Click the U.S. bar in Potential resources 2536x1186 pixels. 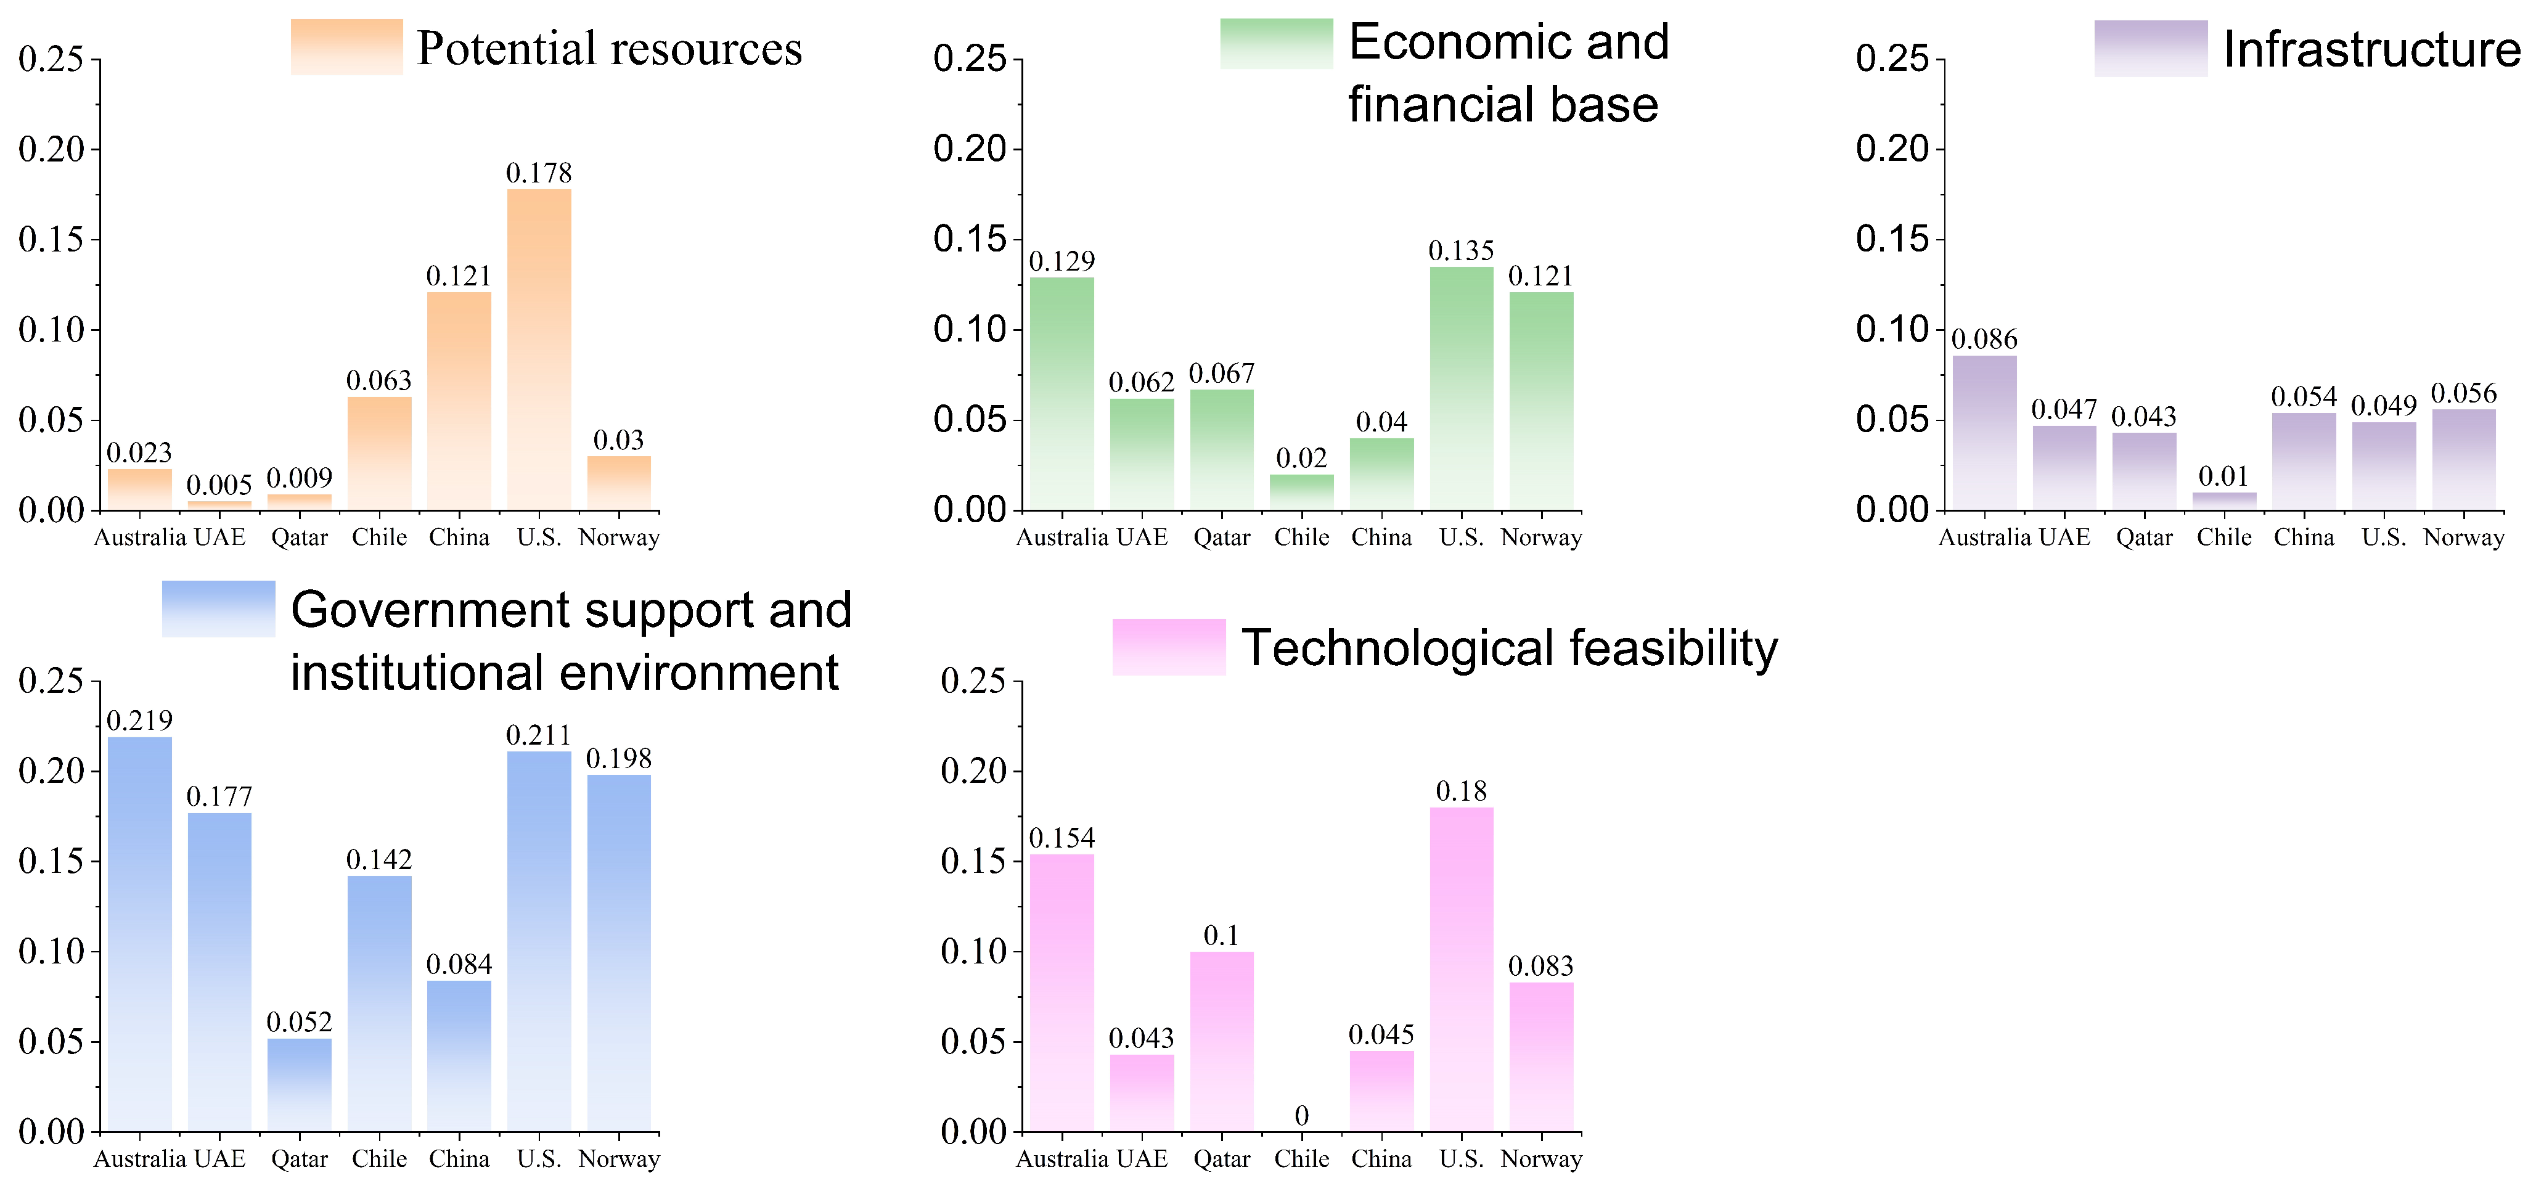[x=539, y=350]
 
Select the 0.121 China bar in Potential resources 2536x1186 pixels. [x=459, y=401]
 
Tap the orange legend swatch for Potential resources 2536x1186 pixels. [x=346, y=47]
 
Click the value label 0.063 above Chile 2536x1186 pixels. [x=379, y=381]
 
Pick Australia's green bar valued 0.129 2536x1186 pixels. [x=1061, y=394]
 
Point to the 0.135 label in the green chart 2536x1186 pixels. [x=1461, y=251]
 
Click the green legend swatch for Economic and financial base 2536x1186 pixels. [x=1276, y=44]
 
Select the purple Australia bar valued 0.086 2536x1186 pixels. [x=1984, y=433]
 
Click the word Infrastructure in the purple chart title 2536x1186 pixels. [x=2371, y=49]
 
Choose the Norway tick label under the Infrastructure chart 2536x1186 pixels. [x=2463, y=538]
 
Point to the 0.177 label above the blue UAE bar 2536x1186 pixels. [x=219, y=796]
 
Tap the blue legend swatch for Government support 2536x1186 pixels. [x=219, y=609]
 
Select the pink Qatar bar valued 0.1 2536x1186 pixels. [x=1222, y=1041]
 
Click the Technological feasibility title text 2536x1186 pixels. [x=1509, y=648]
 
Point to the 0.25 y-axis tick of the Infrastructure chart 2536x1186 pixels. [x=1891, y=59]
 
